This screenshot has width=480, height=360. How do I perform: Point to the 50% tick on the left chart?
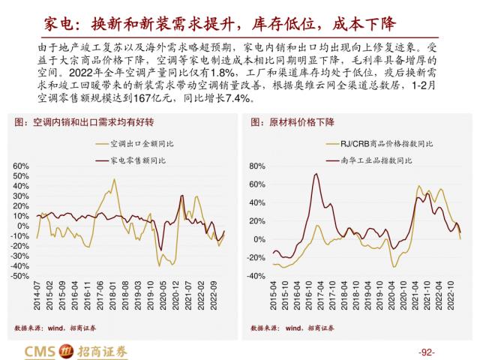click(21, 175)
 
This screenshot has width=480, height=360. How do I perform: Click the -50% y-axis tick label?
click(19, 276)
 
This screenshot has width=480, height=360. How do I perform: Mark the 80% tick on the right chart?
click(257, 166)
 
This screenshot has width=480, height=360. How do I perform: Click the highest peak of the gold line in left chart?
click(114, 179)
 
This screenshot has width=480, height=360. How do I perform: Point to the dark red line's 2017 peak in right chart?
click(316, 175)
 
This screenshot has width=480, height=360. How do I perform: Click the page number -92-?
click(425, 352)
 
